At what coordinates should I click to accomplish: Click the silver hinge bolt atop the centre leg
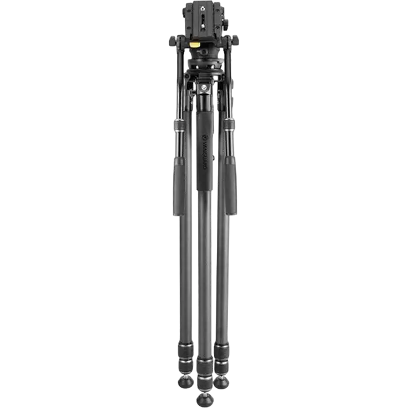204,88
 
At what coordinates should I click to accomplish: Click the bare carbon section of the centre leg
205,280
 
